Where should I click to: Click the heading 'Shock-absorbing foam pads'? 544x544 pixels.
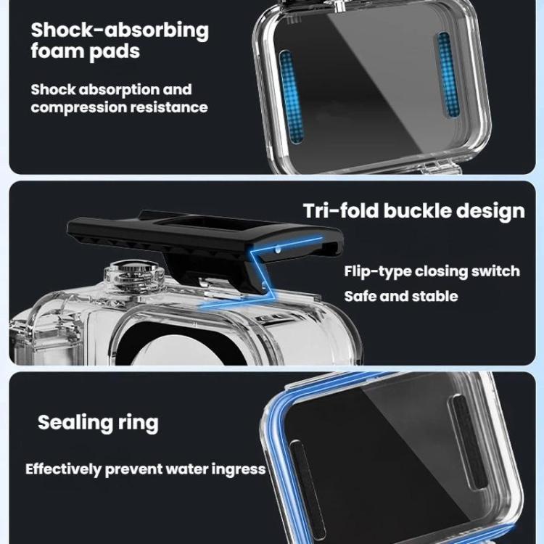pyautogui.click(x=119, y=41)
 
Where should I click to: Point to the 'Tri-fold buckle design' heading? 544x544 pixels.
pyautogui.click(x=413, y=210)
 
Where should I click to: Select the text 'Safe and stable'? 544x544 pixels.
pyautogui.click(x=400, y=296)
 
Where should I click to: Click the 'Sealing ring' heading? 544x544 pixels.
pyautogui.click(x=98, y=421)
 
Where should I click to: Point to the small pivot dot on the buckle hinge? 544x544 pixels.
pyautogui.click(x=279, y=247)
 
